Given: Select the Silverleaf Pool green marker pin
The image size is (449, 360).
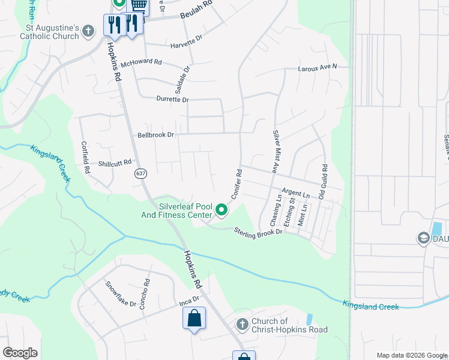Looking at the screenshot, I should (221, 210).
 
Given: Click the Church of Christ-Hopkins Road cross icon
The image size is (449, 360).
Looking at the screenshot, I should (242, 325).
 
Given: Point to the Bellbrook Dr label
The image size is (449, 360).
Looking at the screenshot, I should (155, 135).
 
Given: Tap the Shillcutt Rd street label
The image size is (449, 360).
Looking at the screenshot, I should (115, 163).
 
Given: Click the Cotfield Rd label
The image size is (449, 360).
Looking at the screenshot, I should (85, 157).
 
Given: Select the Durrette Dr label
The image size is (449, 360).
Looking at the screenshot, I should (172, 100).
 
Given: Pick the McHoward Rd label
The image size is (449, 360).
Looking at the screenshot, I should (142, 62).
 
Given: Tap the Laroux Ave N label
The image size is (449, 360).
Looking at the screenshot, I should (318, 68).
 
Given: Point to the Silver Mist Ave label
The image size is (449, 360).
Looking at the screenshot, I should (277, 152).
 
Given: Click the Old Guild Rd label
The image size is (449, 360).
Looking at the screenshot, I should (324, 182).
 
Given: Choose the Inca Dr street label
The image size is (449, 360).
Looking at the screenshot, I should (189, 299).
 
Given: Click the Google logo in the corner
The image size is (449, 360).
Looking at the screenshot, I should (20, 353).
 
